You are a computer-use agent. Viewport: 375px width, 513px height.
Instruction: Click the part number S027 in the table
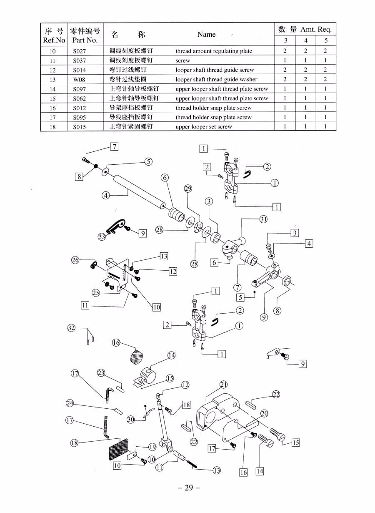[x=79, y=51]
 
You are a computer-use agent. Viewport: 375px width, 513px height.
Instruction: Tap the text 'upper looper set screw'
[x=204, y=127]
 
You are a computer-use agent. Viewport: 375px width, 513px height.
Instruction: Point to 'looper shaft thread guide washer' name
[x=216, y=79]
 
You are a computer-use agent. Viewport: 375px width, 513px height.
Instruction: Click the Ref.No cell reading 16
[x=52, y=108]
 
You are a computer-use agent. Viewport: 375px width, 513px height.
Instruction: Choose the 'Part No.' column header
[x=85, y=40]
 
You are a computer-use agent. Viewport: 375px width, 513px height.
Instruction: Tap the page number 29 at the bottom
[x=189, y=488]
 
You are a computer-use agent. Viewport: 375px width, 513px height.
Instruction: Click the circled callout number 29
[x=188, y=189]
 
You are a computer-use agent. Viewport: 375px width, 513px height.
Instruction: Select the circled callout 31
[x=263, y=219]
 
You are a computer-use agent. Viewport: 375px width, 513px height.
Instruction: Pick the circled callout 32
[x=71, y=328]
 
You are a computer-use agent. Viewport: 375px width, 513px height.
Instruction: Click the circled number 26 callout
[x=75, y=260]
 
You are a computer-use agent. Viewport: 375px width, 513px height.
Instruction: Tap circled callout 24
[x=70, y=403]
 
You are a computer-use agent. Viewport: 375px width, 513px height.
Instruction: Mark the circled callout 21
[x=224, y=385]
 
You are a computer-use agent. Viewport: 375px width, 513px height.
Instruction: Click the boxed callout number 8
[x=79, y=176]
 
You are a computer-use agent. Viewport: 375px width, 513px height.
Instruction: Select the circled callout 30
[x=130, y=420]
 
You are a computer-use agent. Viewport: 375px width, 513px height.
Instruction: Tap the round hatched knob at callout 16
[x=137, y=356]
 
